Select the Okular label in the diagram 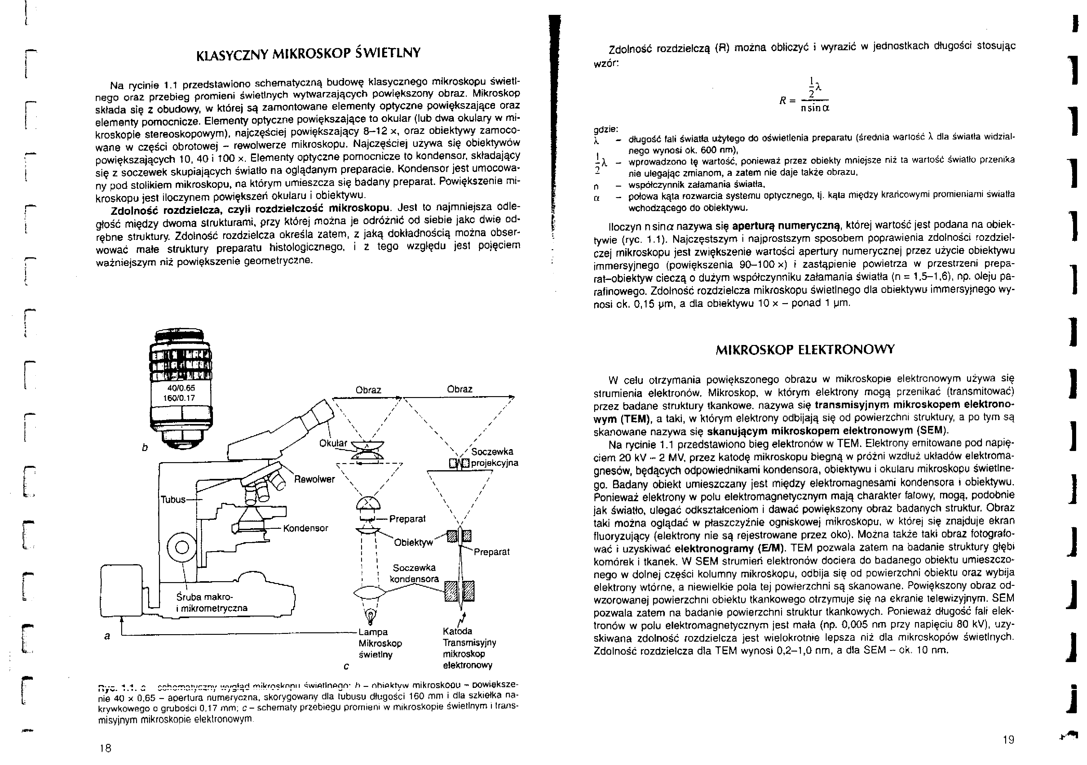(x=333, y=444)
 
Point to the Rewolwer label (x=314, y=479)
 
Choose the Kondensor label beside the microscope (x=305, y=528)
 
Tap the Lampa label (x=373, y=632)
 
